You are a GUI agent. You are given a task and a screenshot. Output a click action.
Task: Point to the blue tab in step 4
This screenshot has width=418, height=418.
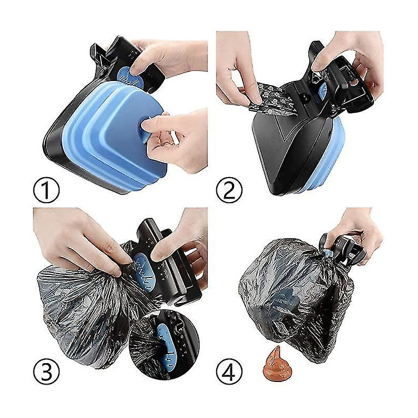click(x=330, y=254)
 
